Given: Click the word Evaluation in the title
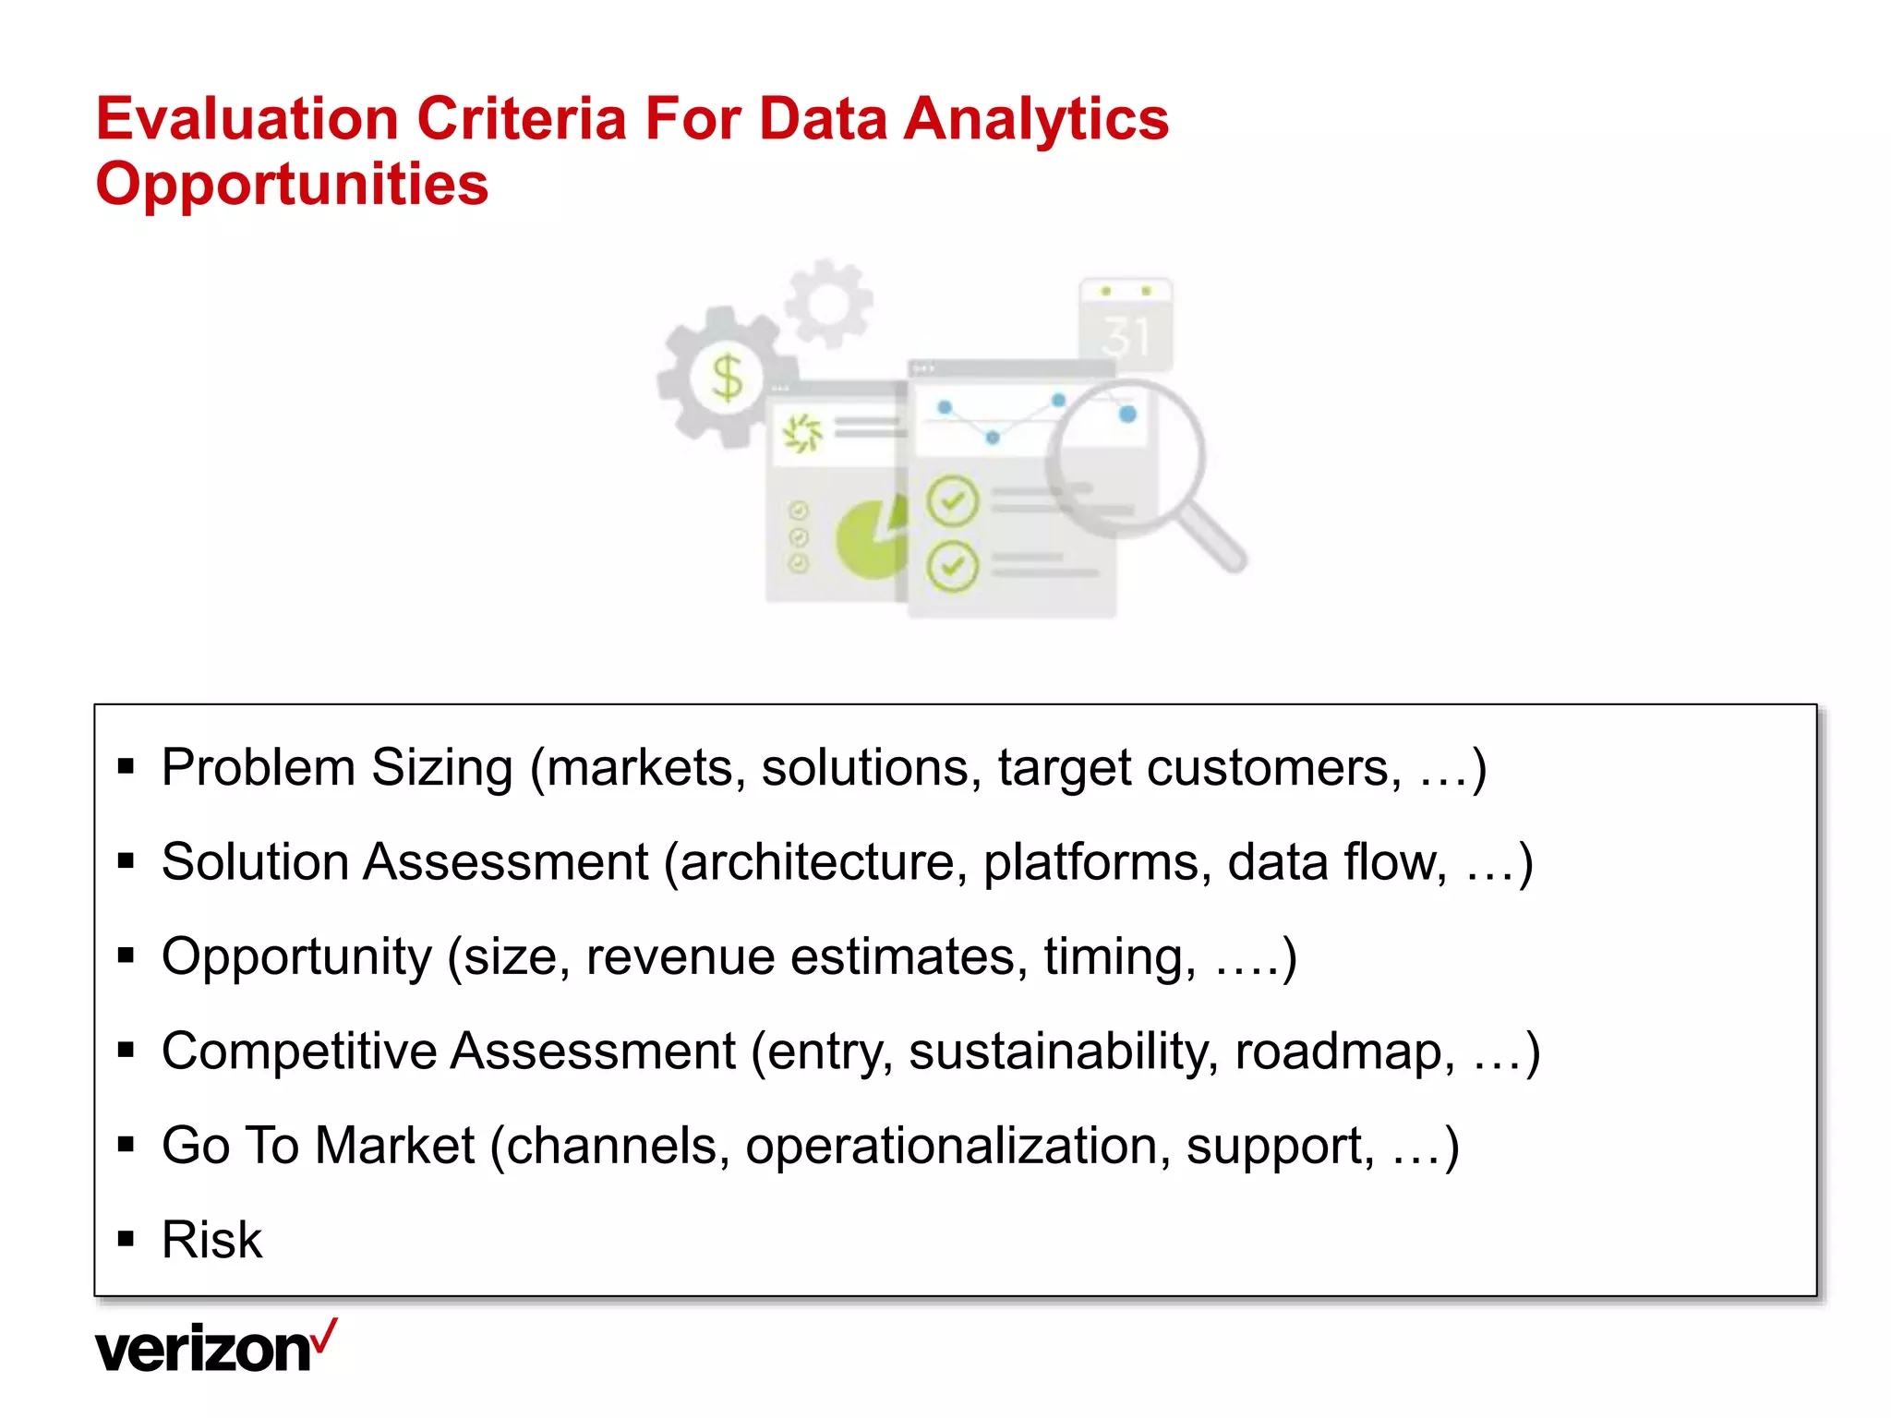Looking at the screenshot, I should tap(247, 119).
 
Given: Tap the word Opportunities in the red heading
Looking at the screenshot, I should tap(292, 185).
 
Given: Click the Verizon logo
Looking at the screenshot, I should tap(205, 1350).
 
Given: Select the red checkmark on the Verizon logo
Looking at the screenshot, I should tap(324, 1335).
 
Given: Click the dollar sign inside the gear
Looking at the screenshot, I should tap(728, 377).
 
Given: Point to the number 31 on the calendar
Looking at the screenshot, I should tap(1126, 337).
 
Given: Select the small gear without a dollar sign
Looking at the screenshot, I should tap(828, 302).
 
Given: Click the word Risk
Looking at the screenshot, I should tap(211, 1240).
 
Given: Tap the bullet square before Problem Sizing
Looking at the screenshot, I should tap(126, 765).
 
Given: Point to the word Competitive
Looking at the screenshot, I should tap(299, 1051).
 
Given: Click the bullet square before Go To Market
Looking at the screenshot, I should tap(126, 1145).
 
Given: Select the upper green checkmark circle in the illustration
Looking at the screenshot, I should tap(952, 501).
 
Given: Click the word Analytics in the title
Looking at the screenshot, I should tap(1035, 119).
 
